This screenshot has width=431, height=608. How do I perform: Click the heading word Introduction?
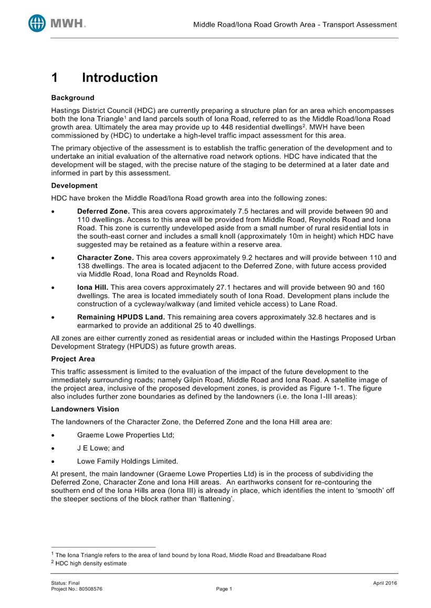click(x=120, y=78)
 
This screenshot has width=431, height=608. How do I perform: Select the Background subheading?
click(x=72, y=97)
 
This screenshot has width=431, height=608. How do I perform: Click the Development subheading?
click(x=74, y=186)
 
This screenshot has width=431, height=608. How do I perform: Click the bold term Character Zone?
click(x=106, y=257)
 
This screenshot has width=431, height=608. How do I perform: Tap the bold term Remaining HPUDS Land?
click(x=121, y=317)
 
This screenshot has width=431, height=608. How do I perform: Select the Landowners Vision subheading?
click(x=85, y=409)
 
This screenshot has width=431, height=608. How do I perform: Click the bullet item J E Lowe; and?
click(x=101, y=448)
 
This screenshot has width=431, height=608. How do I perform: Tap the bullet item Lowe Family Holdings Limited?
click(x=128, y=461)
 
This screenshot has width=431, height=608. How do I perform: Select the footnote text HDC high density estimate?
click(x=92, y=563)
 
